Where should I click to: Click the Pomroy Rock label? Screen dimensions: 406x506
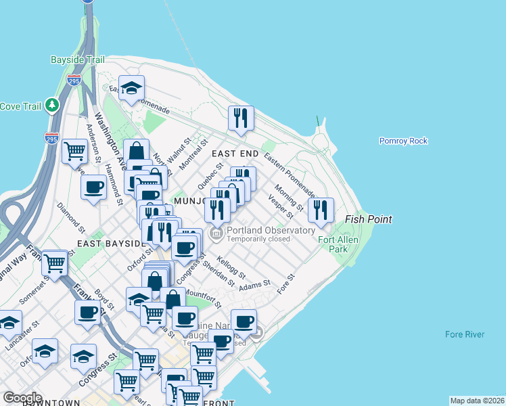tap(403, 141)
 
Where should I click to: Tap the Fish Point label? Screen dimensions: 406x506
tap(368, 219)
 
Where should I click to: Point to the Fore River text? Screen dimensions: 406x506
tap(465, 334)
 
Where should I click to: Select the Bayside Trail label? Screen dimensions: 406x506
tap(77, 60)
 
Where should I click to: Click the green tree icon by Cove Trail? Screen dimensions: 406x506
tap(51, 106)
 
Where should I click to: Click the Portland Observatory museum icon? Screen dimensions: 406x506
tap(216, 234)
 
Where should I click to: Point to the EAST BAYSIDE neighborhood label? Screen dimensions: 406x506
tap(112, 243)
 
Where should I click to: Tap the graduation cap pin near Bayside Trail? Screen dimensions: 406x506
tap(131, 87)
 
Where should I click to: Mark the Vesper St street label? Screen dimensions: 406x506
tap(281, 207)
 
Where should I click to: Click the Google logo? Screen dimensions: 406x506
tap(23, 397)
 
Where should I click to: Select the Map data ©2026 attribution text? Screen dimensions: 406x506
tap(477, 401)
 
